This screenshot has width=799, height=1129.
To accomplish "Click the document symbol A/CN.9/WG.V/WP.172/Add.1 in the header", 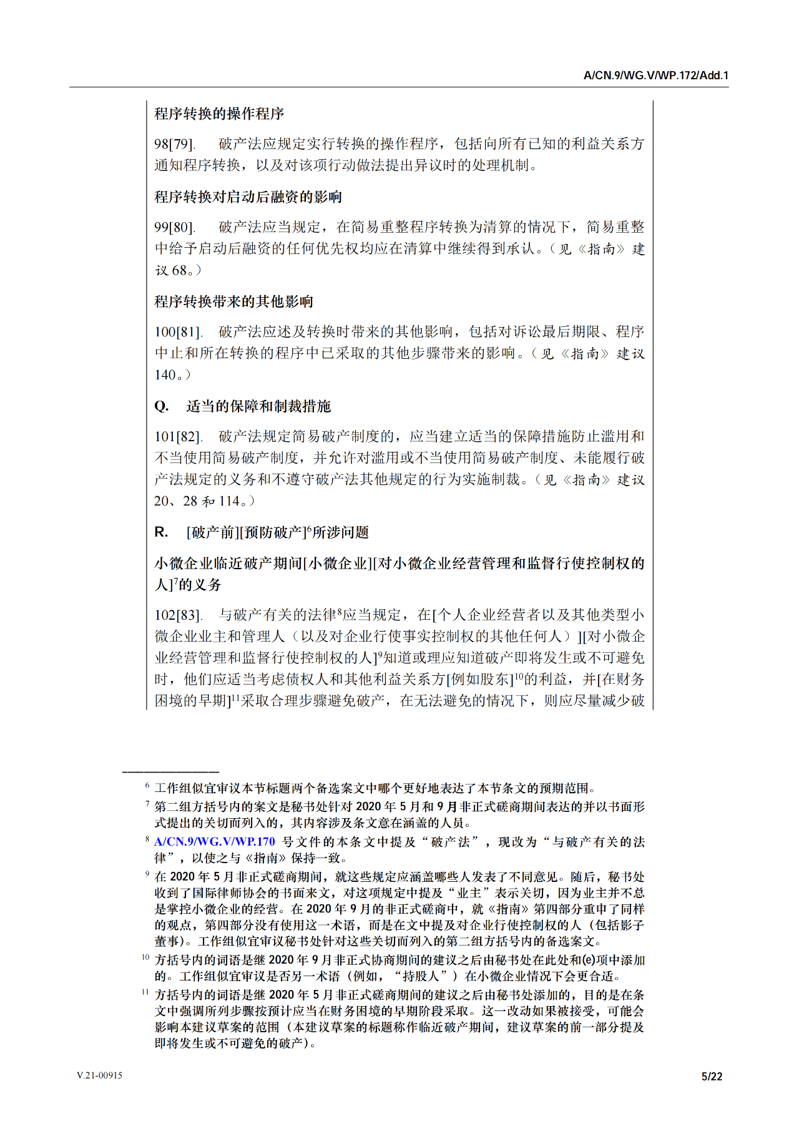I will [655, 76].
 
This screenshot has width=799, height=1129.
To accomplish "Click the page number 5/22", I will [712, 1076].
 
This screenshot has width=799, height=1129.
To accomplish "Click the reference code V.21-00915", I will [100, 1075].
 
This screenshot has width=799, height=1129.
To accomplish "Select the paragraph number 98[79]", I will [174, 144].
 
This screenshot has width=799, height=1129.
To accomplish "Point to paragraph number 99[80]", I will [174, 227].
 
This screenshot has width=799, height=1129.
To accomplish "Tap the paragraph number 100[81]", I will [178, 332].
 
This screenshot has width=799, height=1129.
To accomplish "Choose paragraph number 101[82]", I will [178, 437].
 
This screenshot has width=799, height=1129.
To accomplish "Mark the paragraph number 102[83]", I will [178, 615].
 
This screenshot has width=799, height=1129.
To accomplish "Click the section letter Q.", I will [161, 406].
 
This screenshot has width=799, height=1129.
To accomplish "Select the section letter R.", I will [161, 532].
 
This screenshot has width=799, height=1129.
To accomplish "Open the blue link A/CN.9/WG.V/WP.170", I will [215, 842].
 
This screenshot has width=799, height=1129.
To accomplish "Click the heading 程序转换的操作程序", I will [219, 114].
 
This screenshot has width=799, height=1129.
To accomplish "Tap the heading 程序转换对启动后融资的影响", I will [248, 197].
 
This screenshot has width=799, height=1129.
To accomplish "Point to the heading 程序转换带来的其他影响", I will [233, 302].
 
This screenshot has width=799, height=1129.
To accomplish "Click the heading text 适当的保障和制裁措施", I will [258, 406].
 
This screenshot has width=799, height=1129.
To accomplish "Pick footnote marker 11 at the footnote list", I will [145, 992].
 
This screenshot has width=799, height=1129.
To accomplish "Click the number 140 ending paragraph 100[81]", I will [165, 375].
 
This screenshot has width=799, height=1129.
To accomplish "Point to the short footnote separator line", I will [170, 772].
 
